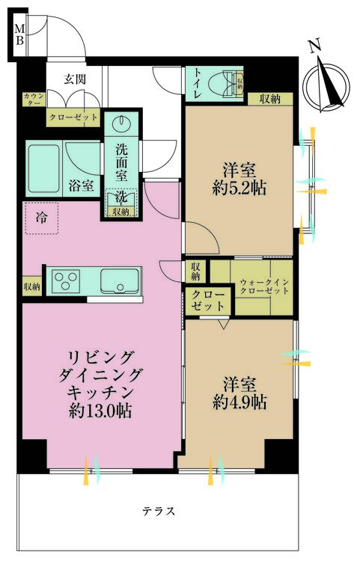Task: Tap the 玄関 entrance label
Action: (x=73, y=78)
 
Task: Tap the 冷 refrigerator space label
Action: (x=40, y=218)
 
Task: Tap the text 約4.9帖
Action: (x=239, y=402)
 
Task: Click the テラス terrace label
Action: (x=159, y=512)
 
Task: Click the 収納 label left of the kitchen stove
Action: (x=31, y=285)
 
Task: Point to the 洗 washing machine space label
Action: (x=121, y=196)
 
